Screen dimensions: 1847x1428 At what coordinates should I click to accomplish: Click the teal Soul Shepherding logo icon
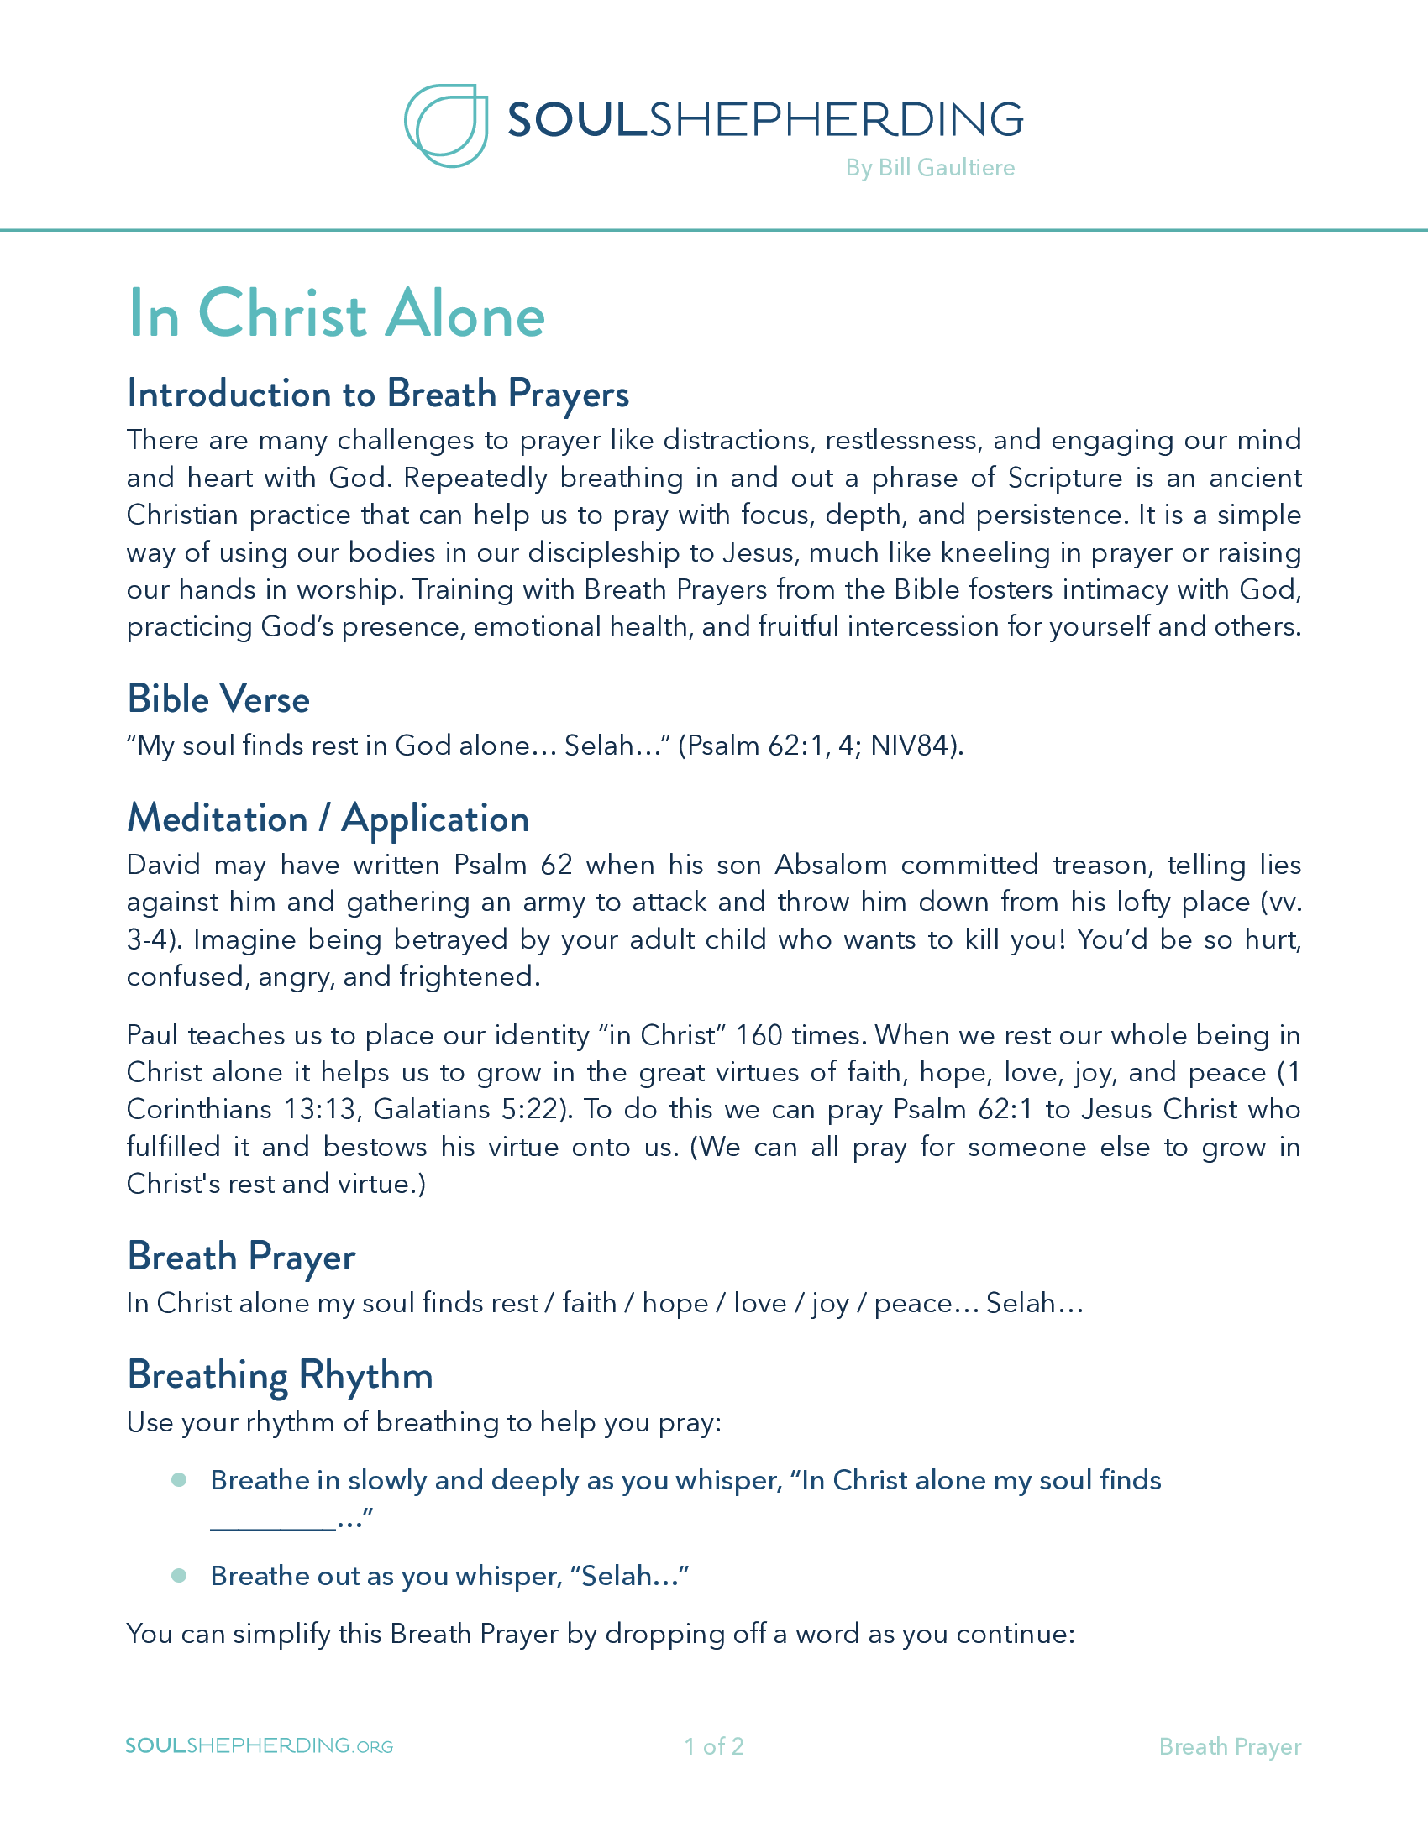[x=446, y=125]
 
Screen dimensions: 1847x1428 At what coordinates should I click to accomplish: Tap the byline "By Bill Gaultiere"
[x=930, y=167]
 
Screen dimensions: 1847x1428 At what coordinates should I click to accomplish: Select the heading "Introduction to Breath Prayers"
[x=377, y=394]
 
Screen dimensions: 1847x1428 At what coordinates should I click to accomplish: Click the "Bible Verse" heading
[x=218, y=699]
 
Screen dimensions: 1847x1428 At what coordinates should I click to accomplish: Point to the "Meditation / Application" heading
[x=328, y=819]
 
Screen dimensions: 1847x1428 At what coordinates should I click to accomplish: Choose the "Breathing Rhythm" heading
[x=279, y=1375]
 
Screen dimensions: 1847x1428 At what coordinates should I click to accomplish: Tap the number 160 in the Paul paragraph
[x=759, y=1035]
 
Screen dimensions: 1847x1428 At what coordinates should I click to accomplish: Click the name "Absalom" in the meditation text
[x=831, y=865]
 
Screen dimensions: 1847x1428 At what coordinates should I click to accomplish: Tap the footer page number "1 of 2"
[x=713, y=1746]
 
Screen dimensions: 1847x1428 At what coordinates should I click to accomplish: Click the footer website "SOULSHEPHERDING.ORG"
[x=259, y=1745]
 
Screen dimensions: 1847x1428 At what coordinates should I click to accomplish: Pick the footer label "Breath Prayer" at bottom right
[x=1229, y=1746]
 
